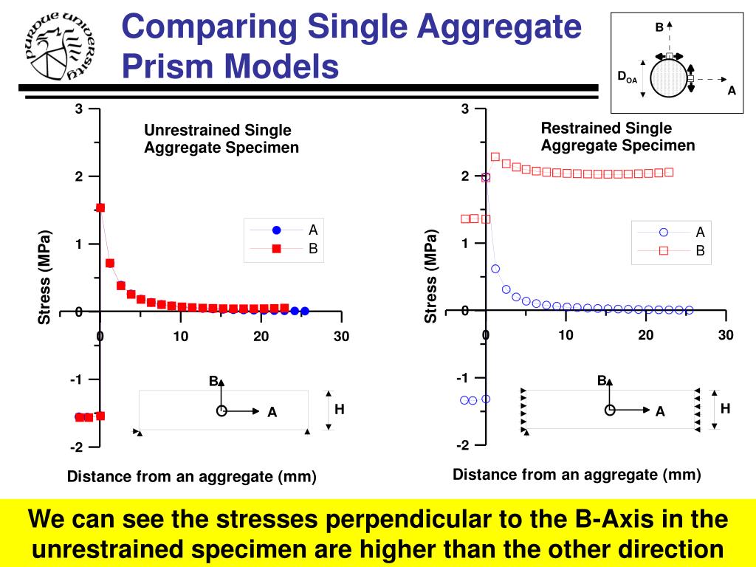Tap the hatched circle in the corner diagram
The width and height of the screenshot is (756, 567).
[668, 77]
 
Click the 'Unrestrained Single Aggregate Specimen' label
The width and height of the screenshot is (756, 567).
[221, 139]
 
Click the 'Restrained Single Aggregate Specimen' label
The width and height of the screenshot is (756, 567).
[618, 137]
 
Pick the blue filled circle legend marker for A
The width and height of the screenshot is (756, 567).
[277, 230]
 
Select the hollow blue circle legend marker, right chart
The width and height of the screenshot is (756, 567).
[663, 232]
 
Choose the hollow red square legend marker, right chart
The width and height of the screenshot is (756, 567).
[663, 251]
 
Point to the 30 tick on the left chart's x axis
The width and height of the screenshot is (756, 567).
[340, 337]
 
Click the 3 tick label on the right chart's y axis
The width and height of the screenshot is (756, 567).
[465, 109]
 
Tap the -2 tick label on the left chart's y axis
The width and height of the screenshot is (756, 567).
[76, 447]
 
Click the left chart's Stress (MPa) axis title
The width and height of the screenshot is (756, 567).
[45, 278]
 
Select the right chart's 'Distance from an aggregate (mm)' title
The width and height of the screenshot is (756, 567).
[577, 474]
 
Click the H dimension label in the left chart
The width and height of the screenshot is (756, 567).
[340, 408]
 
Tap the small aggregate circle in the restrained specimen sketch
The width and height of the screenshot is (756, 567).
[609, 410]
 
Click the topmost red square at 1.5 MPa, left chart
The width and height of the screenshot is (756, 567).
[100, 208]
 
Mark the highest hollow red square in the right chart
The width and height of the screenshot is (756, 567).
[495, 157]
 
